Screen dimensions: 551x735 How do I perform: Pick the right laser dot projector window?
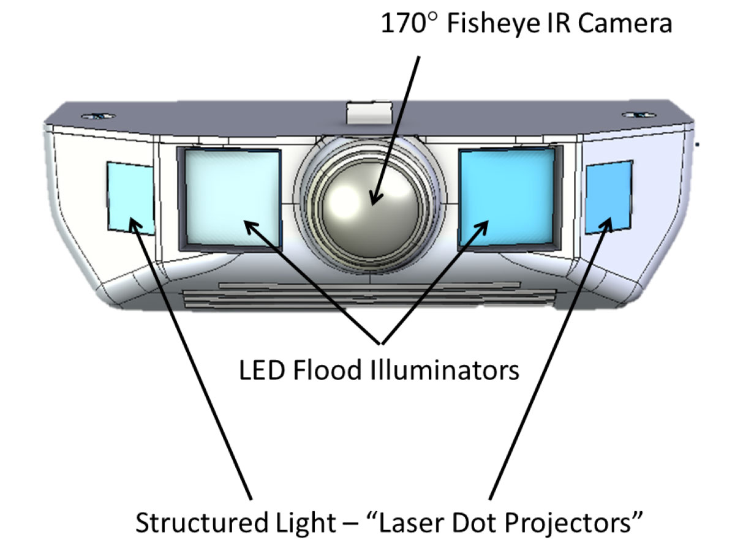click(608, 197)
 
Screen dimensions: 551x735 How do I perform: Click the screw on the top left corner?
click(97, 115)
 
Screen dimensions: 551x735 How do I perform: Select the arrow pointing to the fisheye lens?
click(398, 122)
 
